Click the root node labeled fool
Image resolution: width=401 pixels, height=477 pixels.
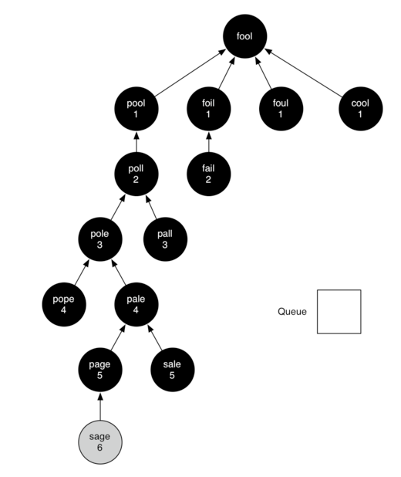coord(244,36)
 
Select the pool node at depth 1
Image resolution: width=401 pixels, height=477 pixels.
coord(136,109)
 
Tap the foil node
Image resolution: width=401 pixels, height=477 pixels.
coord(208,109)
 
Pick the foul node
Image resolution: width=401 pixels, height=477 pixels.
coord(281,109)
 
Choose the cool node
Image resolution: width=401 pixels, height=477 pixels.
coord(361,109)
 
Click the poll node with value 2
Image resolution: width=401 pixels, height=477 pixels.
coord(136,174)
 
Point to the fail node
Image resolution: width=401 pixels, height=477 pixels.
coord(208,174)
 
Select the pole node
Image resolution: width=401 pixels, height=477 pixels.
coord(100,239)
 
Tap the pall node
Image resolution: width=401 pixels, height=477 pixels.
coord(165,239)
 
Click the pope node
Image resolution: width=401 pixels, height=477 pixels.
coord(64,304)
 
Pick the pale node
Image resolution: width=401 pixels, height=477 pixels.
coord(136,304)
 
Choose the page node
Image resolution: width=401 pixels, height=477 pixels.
coord(100,370)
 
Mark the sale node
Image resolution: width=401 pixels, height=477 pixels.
coord(173,370)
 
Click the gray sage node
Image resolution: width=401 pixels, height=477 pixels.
coord(100,442)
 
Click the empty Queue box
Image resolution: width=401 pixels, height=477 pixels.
coord(339,312)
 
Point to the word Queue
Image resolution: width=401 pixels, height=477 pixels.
coord(292,312)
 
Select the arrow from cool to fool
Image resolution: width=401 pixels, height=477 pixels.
coord(303,73)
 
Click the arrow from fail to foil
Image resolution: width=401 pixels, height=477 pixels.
coord(208,142)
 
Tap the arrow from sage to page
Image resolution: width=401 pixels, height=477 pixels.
coord(100,406)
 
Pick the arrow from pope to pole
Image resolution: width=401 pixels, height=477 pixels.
coord(82,272)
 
